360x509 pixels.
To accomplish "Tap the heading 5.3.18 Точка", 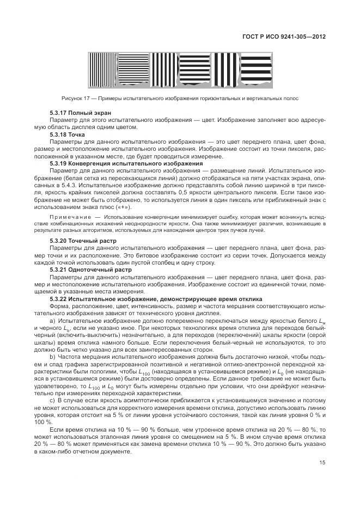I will tap(68, 133).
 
